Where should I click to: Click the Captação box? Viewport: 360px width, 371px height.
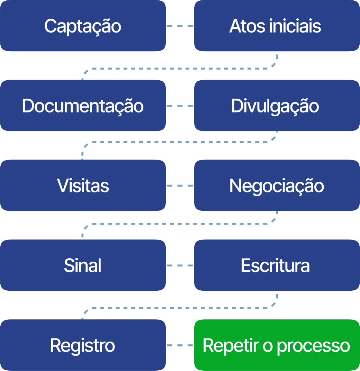point(83,26)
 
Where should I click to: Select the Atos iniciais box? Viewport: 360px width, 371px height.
point(276,26)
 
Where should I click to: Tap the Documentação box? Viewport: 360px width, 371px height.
point(83,106)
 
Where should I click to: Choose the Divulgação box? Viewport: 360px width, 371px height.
point(276,106)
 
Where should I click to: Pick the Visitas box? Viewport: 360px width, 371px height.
point(83,186)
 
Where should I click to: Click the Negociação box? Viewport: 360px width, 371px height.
point(276,186)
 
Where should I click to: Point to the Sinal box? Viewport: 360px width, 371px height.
point(83,266)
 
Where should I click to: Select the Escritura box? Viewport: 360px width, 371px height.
point(276,266)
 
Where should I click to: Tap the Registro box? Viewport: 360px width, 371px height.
point(83,345)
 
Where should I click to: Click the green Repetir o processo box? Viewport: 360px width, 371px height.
point(276,345)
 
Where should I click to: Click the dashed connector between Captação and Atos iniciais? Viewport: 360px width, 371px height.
point(180,26)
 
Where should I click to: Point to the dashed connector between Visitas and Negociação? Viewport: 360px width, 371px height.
point(180,186)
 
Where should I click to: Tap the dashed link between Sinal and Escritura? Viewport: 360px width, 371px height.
point(180,266)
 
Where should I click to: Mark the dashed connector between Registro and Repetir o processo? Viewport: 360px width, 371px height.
point(180,345)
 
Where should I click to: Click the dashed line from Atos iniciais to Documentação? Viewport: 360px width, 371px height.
point(180,69)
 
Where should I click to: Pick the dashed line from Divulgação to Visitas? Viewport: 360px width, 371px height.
point(180,142)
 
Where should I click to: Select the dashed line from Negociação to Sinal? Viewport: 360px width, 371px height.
point(180,224)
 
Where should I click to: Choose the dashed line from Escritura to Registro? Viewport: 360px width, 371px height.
point(180,307)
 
